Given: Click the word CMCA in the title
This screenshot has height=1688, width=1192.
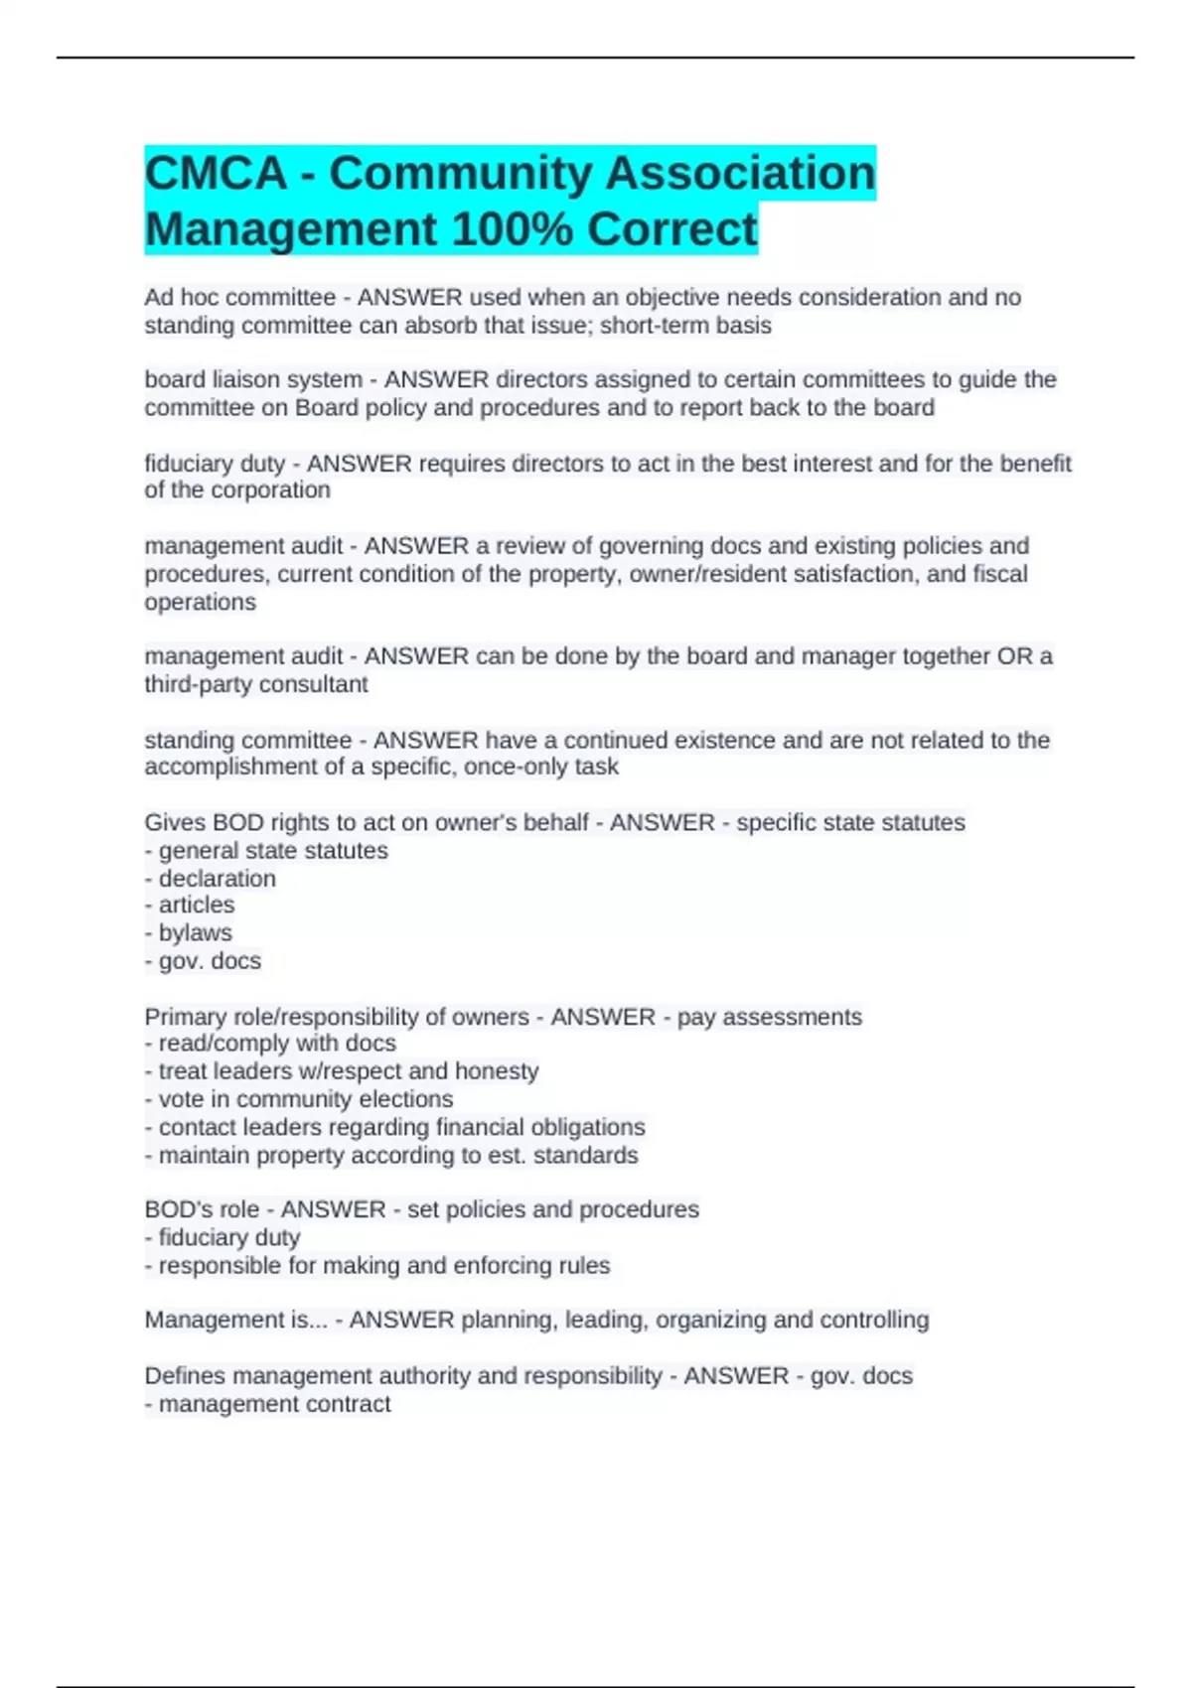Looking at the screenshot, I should point(216,173).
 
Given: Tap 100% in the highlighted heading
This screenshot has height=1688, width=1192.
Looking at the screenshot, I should point(513,229).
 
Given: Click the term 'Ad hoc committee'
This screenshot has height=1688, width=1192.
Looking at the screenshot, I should point(239,298).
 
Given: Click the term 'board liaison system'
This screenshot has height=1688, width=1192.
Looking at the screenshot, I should point(253,380).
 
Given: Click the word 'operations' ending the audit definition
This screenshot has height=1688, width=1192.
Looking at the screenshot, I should point(200,603).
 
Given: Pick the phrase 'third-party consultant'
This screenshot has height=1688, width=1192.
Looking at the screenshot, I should point(256,685).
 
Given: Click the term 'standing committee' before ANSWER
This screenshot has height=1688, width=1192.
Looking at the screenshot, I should point(247,741).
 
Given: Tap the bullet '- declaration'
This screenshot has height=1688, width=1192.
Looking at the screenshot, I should point(211,879).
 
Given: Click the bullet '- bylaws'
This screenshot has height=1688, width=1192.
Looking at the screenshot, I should point(189,933).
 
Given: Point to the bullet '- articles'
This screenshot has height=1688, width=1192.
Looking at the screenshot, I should point(190,906).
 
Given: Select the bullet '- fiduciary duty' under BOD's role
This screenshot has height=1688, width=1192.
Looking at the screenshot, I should point(223,1238).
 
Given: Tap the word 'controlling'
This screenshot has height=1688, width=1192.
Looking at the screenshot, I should point(873,1321).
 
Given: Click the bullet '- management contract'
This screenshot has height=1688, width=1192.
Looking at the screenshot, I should point(267,1405).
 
